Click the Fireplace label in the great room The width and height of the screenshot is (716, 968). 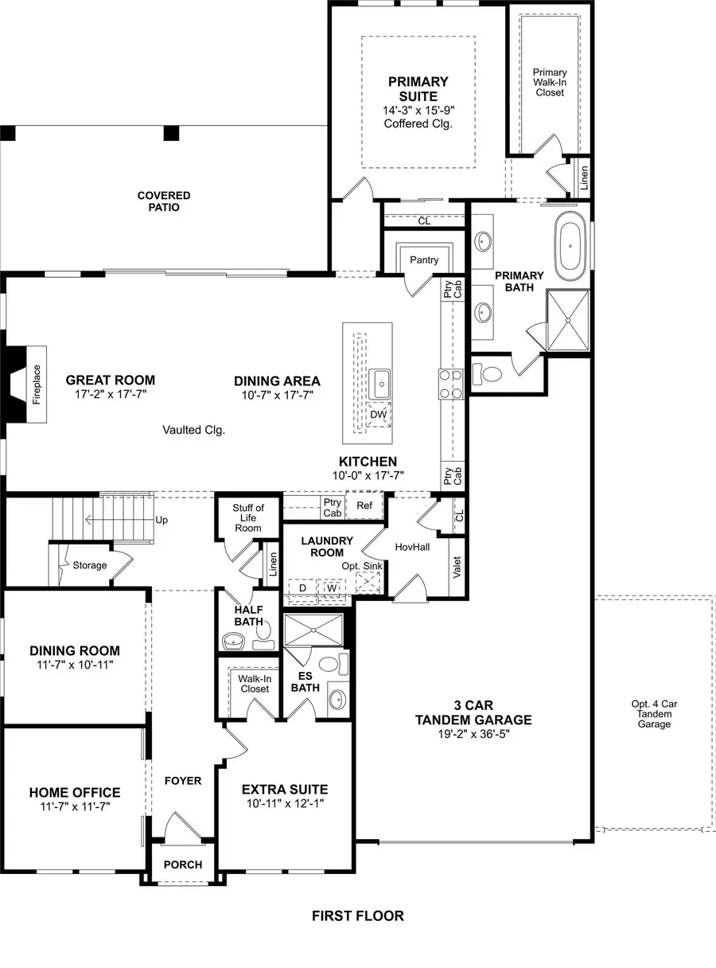pos(37,384)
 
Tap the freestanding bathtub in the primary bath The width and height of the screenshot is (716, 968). pos(570,247)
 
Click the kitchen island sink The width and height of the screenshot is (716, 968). pos(380,384)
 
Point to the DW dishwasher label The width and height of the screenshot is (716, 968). pos(379,414)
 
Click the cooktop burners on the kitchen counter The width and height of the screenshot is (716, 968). pos(451,384)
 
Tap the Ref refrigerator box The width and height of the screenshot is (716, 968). pos(364,505)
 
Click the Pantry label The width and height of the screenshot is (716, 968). pos(424,260)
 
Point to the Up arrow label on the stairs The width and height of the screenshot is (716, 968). pos(161,520)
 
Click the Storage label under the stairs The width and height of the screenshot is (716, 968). pos(89,565)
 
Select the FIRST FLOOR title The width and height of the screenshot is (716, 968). pos(358,915)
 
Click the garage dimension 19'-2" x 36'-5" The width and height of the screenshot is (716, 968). pos(474,734)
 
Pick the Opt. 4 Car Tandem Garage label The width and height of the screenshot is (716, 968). pos(654,714)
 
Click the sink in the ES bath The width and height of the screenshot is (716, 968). pos(337,700)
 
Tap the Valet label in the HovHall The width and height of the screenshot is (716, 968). pos(457,567)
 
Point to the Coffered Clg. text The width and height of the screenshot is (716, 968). pos(418,123)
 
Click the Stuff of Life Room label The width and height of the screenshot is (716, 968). pos(248,517)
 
